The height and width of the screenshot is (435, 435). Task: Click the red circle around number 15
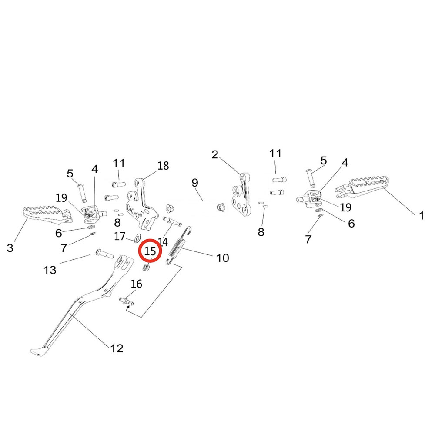click(150, 251)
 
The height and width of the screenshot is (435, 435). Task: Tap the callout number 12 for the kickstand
click(117, 348)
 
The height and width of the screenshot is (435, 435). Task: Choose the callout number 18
click(163, 166)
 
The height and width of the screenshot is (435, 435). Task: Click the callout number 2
click(214, 154)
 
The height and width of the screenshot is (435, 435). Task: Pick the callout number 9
click(194, 182)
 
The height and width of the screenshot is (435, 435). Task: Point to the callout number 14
click(163, 242)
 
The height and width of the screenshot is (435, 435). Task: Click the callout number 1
click(421, 215)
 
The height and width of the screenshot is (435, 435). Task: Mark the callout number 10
click(222, 258)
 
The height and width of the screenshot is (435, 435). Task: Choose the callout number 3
click(10, 248)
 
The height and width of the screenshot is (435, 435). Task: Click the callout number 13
click(50, 270)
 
